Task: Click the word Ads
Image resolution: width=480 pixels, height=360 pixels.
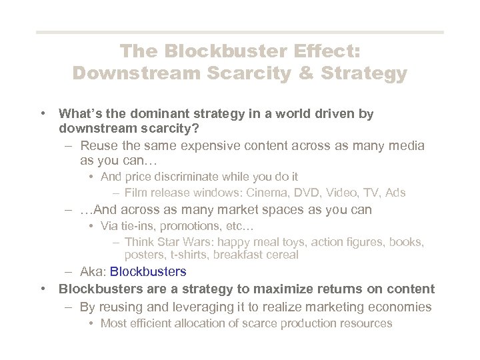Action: point(395,193)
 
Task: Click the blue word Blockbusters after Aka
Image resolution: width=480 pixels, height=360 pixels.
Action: point(148,271)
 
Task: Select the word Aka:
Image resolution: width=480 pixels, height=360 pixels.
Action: point(93,271)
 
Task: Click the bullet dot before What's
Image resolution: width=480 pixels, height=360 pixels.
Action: point(42,114)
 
